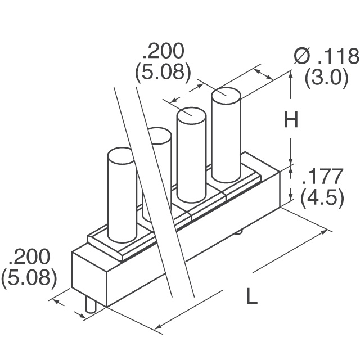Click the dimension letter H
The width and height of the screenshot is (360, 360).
click(x=290, y=120)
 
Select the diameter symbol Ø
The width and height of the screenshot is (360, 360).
click(x=302, y=57)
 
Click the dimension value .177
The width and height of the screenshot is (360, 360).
click(x=322, y=177)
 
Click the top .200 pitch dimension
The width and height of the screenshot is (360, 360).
click(x=163, y=52)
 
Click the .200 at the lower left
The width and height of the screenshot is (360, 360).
click(x=29, y=257)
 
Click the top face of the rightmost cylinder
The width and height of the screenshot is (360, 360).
click(x=226, y=94)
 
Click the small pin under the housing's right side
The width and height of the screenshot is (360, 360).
click(x=240, y=231)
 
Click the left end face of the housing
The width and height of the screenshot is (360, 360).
click(x=89, y=276)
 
